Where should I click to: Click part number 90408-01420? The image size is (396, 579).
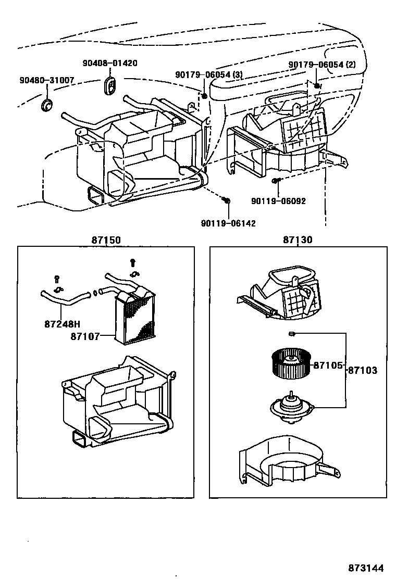(110, 63)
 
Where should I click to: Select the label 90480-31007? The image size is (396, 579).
(47, 80)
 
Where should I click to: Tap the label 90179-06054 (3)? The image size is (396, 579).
(209, 75)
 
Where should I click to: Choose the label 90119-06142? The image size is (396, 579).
(228, 223)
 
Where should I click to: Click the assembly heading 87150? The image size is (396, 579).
(106, 240)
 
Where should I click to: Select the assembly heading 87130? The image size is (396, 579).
(298, 240)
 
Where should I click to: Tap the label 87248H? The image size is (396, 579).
(62, 323)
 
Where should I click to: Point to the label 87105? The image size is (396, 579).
(328, 366)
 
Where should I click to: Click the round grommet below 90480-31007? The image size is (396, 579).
(46, 106)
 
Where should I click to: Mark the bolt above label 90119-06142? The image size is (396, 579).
(226, 200)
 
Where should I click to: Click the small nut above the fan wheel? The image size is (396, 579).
(292, 333)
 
